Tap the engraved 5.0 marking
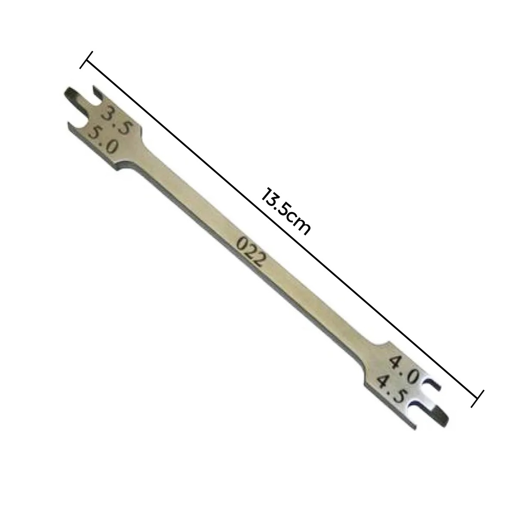pos(103,139)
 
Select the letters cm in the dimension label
pos(300,225)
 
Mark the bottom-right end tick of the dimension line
pos(478,398)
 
